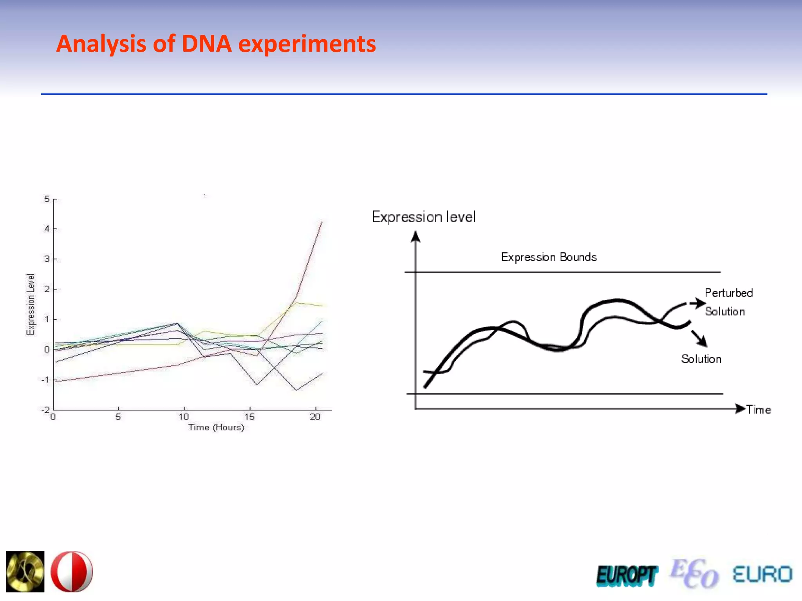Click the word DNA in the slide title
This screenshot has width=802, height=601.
(207, 44)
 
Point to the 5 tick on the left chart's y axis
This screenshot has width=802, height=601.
(47, 199)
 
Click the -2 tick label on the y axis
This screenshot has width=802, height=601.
(45, 410)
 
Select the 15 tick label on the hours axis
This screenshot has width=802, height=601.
(249, 417)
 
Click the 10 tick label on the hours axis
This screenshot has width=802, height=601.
(184, 417)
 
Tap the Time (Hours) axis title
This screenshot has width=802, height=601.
(216, 427)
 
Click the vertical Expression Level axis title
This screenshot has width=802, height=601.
(31, 304)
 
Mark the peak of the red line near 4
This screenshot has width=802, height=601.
(322, 222)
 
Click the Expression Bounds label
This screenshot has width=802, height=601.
(549, 257)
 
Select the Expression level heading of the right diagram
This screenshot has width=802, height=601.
(424, 217)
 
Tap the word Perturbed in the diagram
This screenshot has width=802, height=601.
(728, 293)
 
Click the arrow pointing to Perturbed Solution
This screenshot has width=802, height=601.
(697, 303)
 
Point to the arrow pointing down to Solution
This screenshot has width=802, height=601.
(699, 338)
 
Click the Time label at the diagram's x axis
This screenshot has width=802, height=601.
(759, 410)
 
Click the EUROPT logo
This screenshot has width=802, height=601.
(627, 576)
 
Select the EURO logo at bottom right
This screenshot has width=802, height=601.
(762, 574)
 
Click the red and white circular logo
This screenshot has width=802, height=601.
(72, 572)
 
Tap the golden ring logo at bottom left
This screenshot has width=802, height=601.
(25, 572)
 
